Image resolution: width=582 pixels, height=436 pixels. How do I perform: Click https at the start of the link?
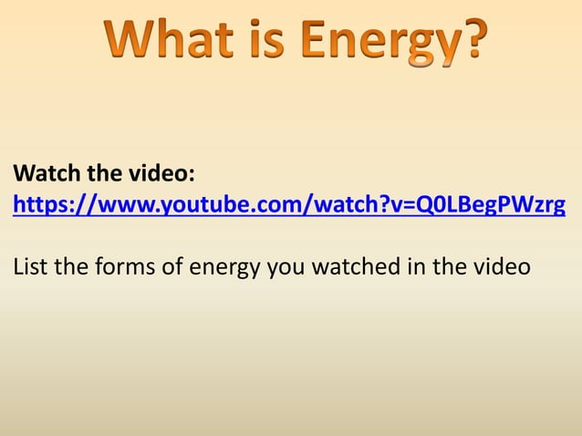click(37, 204)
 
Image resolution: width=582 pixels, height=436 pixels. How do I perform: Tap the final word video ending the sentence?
click(499, 268)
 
